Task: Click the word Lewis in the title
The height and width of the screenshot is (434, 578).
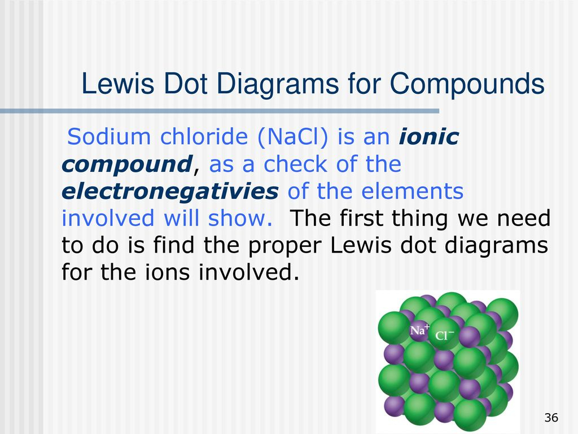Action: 117,84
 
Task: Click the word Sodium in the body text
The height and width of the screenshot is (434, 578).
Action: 109,137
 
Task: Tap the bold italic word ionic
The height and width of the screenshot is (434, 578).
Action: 429,137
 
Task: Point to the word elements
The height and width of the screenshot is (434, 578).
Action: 412,191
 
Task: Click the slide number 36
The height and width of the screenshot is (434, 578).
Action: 551,418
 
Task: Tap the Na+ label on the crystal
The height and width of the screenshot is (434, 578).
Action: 420,329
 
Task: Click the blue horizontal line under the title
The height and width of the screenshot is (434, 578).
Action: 220,111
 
